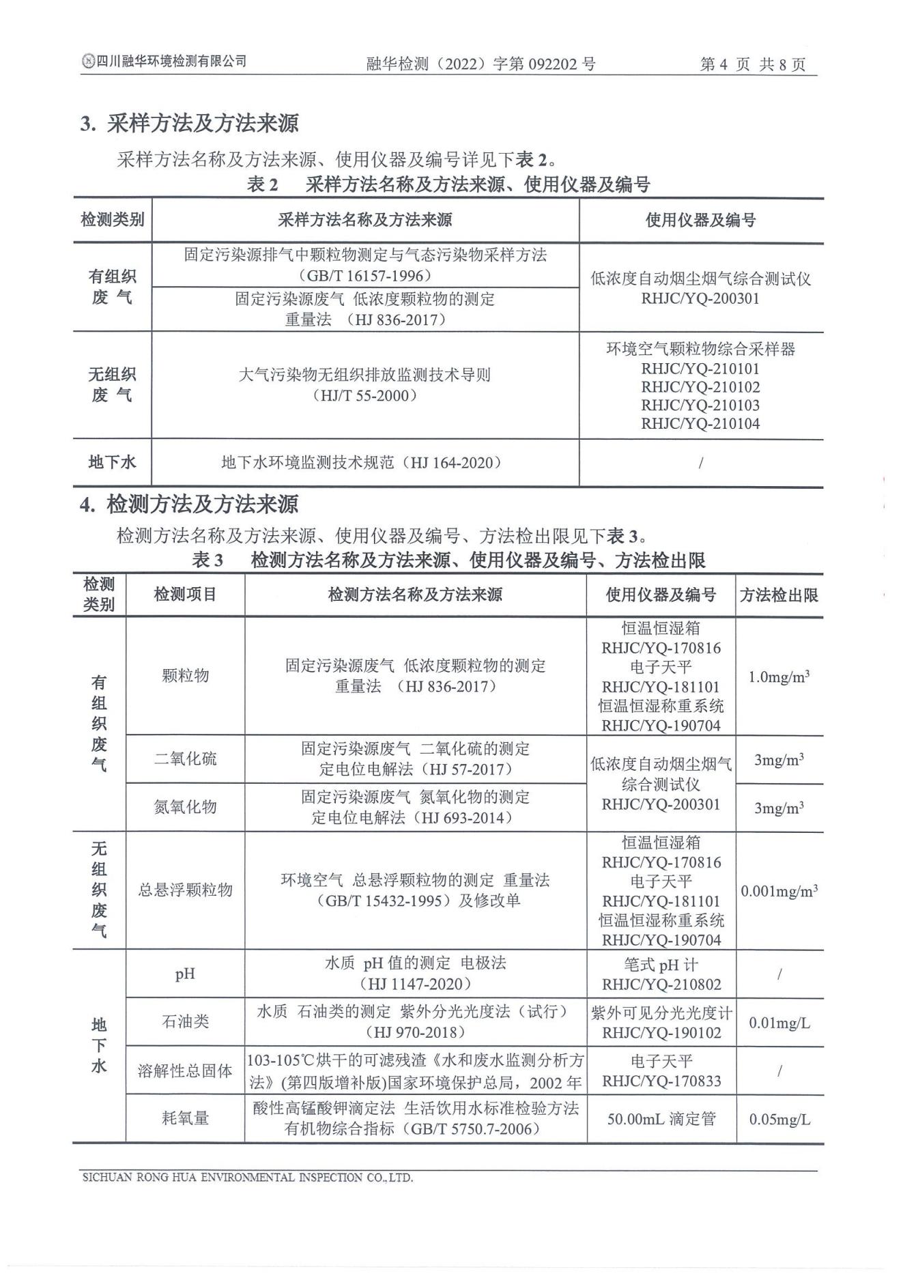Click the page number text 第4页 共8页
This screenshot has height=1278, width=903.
(x=753, y=64)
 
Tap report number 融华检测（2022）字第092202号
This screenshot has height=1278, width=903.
(x=481, y=64)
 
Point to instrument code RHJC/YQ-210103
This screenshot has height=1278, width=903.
(x=700, y=405)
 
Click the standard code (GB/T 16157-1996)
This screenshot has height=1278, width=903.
(x=365, y=276)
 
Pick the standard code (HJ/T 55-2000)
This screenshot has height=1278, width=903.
(x=365, y=395)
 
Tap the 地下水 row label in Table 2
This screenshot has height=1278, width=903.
(x=112, y=462)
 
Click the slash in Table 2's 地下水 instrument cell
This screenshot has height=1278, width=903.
(x=701, y=463)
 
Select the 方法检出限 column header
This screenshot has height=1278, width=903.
(x=779, y=595)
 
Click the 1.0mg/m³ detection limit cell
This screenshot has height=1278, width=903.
(x=779, y=677)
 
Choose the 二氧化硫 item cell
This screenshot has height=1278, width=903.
(x=185, y=758)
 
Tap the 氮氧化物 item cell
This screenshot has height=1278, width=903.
(x=185, y=807)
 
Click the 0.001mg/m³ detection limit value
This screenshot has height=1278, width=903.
(x=779, y=892)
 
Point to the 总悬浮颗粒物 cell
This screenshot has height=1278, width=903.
(x=185, y=890)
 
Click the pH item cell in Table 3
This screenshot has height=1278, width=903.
(x=185, y=974)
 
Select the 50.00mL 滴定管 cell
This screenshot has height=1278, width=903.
(x=661, y=1119)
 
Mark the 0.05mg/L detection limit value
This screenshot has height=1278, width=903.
(x=779, y=1120)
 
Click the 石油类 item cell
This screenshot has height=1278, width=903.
(x=185, y=1022)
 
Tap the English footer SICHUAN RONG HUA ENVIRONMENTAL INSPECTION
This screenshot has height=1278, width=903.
(x=247, y=1178)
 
